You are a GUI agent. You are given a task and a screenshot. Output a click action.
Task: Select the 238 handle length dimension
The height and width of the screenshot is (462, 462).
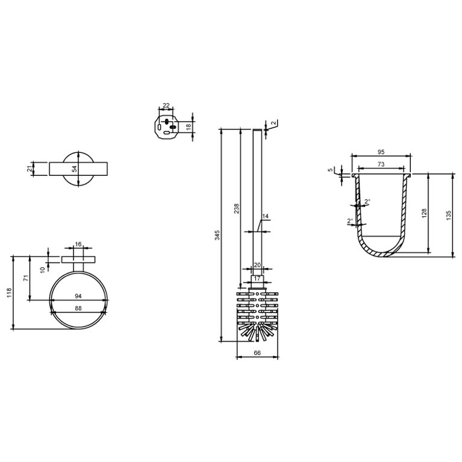click(237, 208)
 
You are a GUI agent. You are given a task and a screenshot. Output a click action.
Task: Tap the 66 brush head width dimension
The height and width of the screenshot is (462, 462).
click(257, 353)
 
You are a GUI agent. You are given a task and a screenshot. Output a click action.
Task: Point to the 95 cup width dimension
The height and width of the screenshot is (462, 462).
click(381, 152)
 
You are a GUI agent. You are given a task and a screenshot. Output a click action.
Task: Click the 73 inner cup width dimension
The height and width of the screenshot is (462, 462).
click(381, 164)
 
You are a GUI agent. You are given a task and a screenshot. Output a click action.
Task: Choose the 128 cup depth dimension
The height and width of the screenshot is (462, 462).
click(424, 213)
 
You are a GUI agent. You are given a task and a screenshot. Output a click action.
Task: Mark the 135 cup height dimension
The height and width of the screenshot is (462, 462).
click(449, 215)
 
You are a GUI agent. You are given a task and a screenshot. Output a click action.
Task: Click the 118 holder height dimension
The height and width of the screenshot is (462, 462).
click(8, 292)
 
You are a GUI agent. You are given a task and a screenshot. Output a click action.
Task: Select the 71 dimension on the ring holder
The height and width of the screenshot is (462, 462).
click(25, 278)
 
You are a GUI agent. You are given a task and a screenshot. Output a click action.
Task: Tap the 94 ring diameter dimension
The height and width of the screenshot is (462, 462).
click(78, 296)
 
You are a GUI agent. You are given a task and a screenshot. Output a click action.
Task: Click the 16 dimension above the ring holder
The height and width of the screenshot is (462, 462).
click(78, 244)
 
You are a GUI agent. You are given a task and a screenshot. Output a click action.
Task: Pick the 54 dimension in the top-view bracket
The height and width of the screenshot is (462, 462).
click(75, 169)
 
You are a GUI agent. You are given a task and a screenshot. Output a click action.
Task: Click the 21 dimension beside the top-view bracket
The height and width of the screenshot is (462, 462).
click(30, 169)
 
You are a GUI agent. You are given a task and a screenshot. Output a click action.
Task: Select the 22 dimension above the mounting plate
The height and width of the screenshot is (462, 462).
click(166, 106)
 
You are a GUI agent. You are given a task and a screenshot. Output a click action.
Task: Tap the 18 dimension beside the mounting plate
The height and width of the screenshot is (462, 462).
click(189, 126)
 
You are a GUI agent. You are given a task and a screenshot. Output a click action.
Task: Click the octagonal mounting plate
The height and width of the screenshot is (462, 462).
click(167, 126)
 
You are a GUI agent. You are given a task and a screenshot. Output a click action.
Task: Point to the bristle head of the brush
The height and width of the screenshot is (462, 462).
click(257, 314)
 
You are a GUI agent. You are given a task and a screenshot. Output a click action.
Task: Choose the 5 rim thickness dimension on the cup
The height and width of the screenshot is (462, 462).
click(330, 170)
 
